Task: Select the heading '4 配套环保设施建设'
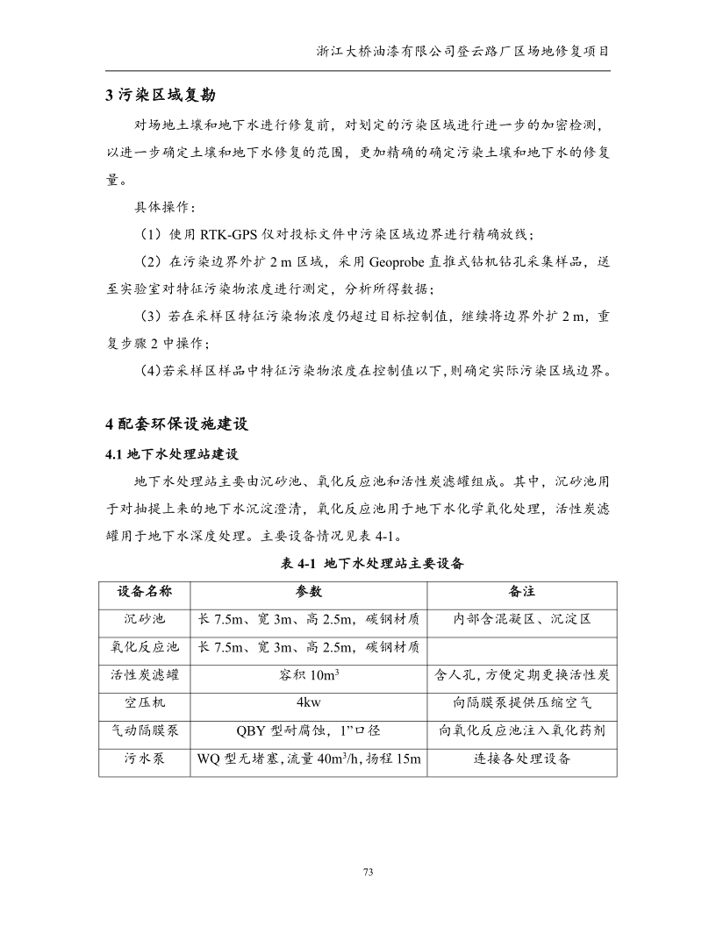pyautogui.click(x=177, y=424)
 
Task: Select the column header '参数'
pyautogui.click(x=308, y=591)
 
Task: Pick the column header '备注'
pyautogui.click(x=521, y=591)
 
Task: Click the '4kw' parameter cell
pyautogui.click(x=308, y=703)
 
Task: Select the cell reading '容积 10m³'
pyautogui.click(x=308, y=675)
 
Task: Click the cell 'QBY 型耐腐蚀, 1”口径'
pyautogui.click(x=308, y=730)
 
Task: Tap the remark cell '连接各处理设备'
pyautogui.click(x=521, y=759)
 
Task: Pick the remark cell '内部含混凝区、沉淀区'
pyautogui.click(x=521, y=619)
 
